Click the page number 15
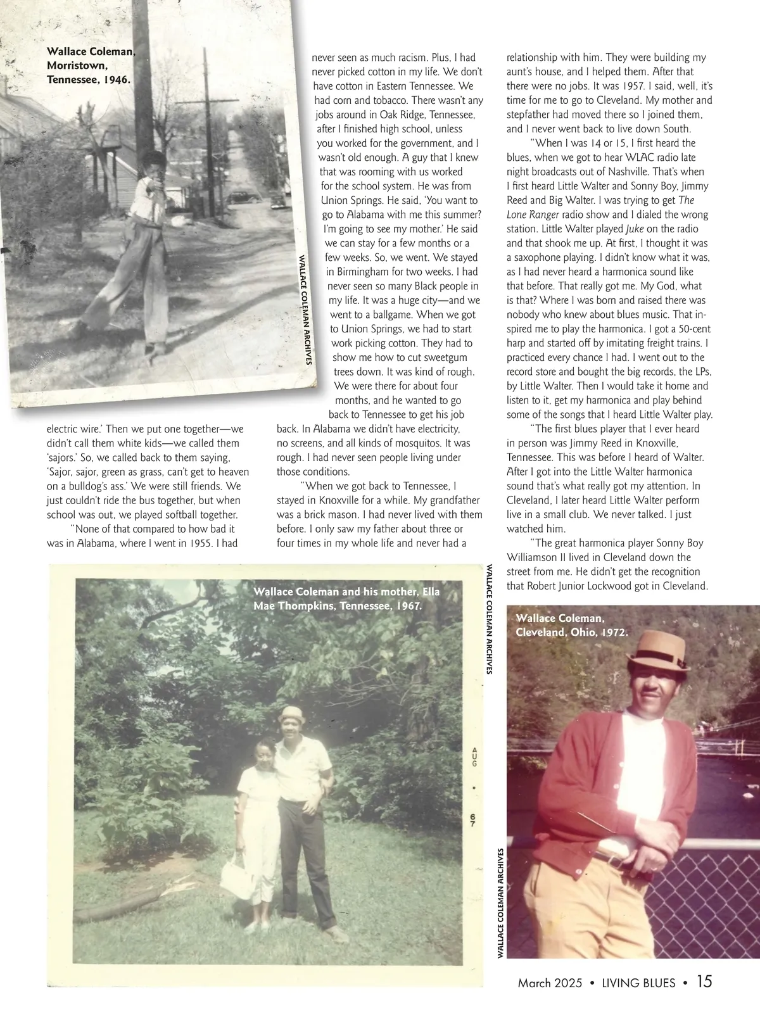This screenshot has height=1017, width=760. (704, 982)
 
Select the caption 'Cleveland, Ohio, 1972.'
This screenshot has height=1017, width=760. (572, 631)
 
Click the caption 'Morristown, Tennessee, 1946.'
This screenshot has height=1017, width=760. (89, 73)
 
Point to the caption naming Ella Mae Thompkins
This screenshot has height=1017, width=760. (346, 598)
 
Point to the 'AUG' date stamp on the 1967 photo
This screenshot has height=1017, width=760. (474, 756)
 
